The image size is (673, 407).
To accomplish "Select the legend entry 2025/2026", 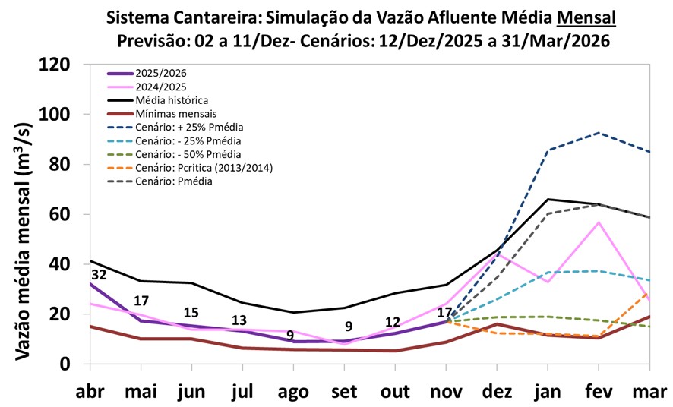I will tap(160, 73).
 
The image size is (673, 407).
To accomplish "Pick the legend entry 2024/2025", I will tap(160, 87).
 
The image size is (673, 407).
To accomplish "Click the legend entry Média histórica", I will tap(172, 100).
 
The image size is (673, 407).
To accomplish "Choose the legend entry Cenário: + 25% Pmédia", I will tap(189, 127).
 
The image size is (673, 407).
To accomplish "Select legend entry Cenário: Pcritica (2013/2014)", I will tap(204, 168).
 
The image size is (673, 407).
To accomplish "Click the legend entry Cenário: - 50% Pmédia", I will tap(188, 154).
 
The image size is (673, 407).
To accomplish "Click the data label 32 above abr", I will tap(99, 275).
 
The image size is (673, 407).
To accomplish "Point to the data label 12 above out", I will tap(393, 322).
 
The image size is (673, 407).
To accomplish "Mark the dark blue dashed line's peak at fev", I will tap(599, 133).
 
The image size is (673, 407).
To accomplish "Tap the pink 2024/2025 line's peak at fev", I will tap(599, 222).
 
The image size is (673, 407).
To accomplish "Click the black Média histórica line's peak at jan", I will tap(548, 199).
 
